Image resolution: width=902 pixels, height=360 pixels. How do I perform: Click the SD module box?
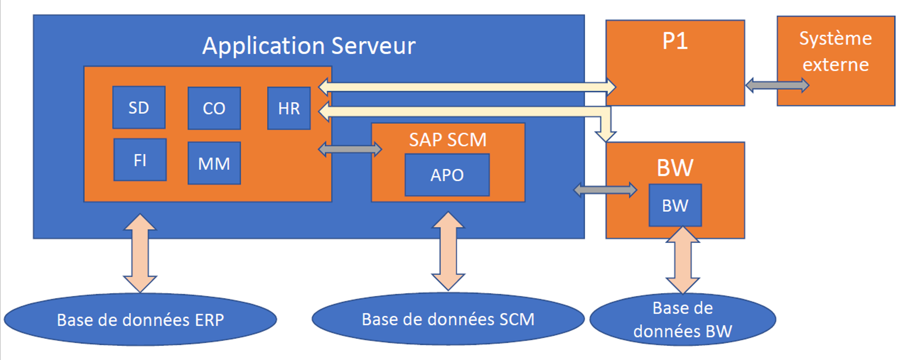click(x=139, y=108)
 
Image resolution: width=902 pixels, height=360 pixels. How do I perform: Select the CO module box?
click(x=214, y=108)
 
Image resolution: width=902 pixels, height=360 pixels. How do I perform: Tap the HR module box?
click(x=289, y=108)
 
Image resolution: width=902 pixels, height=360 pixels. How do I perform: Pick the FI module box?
click(x=140, y=160)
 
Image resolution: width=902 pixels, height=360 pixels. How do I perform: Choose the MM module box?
click(x=214, y=163)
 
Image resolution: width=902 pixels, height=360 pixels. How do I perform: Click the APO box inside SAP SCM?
click(x=447, y=175)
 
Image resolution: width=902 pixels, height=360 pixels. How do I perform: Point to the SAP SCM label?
click(x=448, y=140)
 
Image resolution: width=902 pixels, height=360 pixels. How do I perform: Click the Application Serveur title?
click(x=309, y=46)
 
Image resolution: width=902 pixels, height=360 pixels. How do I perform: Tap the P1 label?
click(x=675, y=41)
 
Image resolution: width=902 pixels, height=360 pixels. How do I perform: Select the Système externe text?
click(x=835, y=51)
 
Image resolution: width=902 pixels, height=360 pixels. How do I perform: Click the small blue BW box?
click(x=675, y=205)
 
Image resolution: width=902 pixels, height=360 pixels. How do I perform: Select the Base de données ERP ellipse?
click(x=140, y=320)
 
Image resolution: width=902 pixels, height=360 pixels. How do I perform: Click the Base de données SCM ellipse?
click(x=448, y=319)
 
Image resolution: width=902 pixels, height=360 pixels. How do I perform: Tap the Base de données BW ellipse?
click(x=683, y=319)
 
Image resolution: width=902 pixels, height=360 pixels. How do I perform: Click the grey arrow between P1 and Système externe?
click(x=777, y=85)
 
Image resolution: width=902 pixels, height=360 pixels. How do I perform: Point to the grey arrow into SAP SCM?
click(x=350, y=149)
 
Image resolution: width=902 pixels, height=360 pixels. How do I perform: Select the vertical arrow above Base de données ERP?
click(x=140, y=253)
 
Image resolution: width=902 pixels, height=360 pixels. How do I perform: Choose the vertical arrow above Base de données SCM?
click(x=448, y=251)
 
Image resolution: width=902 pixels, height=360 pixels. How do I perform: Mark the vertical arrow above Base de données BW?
click(x=683, y=260)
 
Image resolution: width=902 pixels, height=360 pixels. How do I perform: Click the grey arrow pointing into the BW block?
click(x=605, y=190)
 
